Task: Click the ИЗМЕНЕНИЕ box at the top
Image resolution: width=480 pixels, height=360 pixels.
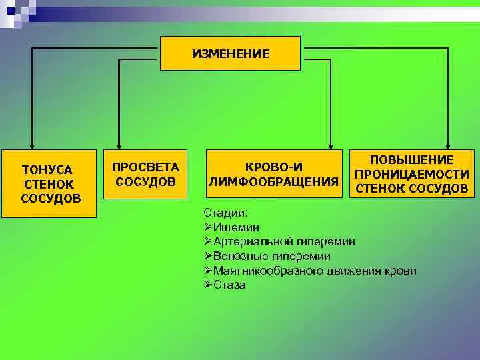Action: click(230, 53)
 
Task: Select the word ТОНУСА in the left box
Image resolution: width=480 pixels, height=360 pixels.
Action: click(47, 169)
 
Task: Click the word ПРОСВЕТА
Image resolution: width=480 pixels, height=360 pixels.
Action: click(145, 167)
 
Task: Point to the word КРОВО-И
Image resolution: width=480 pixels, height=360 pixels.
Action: click(274, 167)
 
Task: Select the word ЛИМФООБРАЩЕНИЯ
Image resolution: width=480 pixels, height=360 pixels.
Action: click(274, 181)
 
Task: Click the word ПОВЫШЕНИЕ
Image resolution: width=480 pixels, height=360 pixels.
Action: click(412, 160)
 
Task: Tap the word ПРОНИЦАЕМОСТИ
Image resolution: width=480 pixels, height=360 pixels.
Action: click(411, 174)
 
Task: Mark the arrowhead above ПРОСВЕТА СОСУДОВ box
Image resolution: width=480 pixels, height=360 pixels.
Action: click(119, 145)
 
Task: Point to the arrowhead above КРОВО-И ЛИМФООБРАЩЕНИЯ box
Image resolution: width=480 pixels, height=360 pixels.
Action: click(331, 145)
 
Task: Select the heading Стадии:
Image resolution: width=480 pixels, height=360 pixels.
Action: click(225, 213)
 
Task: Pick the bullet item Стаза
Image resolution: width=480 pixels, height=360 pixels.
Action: click(229, 285)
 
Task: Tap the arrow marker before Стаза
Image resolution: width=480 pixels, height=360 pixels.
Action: click(208, 285)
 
